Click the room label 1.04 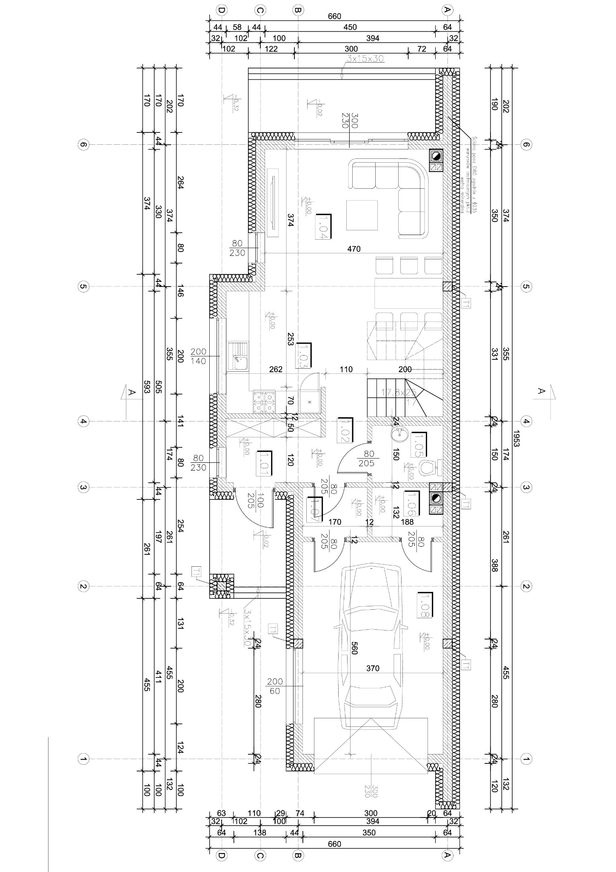pos(323,227)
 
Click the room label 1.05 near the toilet pos(420,445)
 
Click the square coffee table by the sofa pos(362,215)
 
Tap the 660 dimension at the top pos(334,16)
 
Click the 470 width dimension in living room pos(354,249)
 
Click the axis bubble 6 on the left pos(83,145)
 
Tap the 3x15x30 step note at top pos(365,59)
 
